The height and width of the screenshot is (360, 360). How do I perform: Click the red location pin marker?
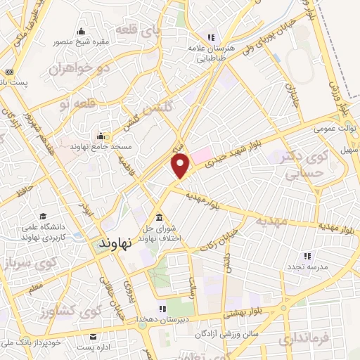point(181,165)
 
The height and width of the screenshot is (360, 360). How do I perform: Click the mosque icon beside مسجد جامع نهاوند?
point(100,136)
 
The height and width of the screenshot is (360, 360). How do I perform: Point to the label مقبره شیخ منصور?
point(82,41)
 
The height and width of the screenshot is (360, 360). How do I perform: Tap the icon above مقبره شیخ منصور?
point(82,30)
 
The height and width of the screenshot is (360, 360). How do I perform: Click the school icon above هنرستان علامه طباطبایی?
point(210,37)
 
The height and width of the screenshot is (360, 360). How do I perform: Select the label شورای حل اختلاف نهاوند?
point(161,233)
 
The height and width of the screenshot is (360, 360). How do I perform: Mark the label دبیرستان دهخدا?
point(163,319)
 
